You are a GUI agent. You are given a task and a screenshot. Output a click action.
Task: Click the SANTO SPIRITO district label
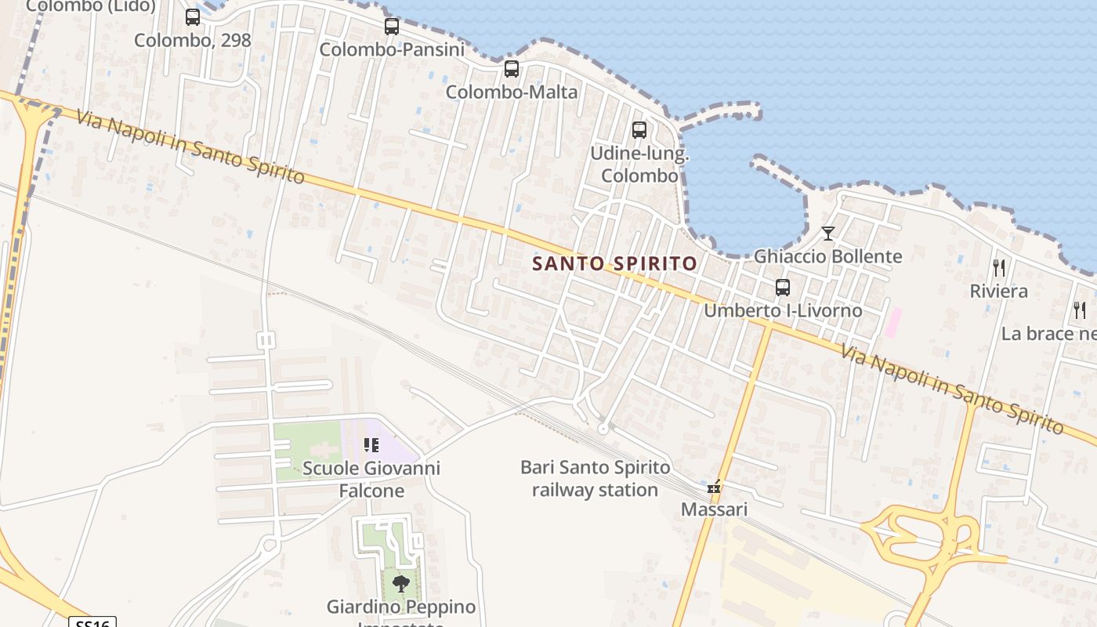coord(614,263)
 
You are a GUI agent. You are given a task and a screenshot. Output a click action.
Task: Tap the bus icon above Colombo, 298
coord(193,17)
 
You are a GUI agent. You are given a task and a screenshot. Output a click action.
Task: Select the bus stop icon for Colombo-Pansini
coord(392,27)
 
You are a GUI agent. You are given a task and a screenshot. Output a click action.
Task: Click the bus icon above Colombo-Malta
coord(512,69)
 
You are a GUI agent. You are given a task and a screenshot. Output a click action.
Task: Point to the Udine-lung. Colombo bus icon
coord(639,130)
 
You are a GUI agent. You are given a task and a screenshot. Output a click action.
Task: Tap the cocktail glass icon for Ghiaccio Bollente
coord(828,233)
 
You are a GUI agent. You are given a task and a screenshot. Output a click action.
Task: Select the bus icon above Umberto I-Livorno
coord(783,288)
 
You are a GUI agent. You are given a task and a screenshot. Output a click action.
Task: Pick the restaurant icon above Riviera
coord(999,268)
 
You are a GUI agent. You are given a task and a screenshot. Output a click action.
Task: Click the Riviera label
coord(999,292)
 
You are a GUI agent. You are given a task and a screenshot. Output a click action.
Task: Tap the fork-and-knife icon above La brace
coord(1080,310)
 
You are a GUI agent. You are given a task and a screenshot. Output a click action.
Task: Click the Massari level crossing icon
coord(714,487)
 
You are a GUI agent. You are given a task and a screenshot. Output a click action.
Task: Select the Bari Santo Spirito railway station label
coord(596,479)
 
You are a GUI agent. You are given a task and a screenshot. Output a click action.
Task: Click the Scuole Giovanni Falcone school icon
coord(371,446)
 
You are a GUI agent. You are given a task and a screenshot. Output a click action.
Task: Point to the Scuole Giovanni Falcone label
coord(371,480)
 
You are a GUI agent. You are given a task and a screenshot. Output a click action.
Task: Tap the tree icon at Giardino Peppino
coord(400,584)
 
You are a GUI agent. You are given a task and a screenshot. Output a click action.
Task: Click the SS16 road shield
coord(93,623)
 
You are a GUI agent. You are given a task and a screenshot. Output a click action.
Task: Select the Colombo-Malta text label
coord(512,92)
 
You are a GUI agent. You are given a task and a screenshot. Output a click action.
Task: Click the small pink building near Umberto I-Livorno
coord(892,323)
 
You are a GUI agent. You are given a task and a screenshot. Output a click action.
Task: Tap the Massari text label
coord(714,509)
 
